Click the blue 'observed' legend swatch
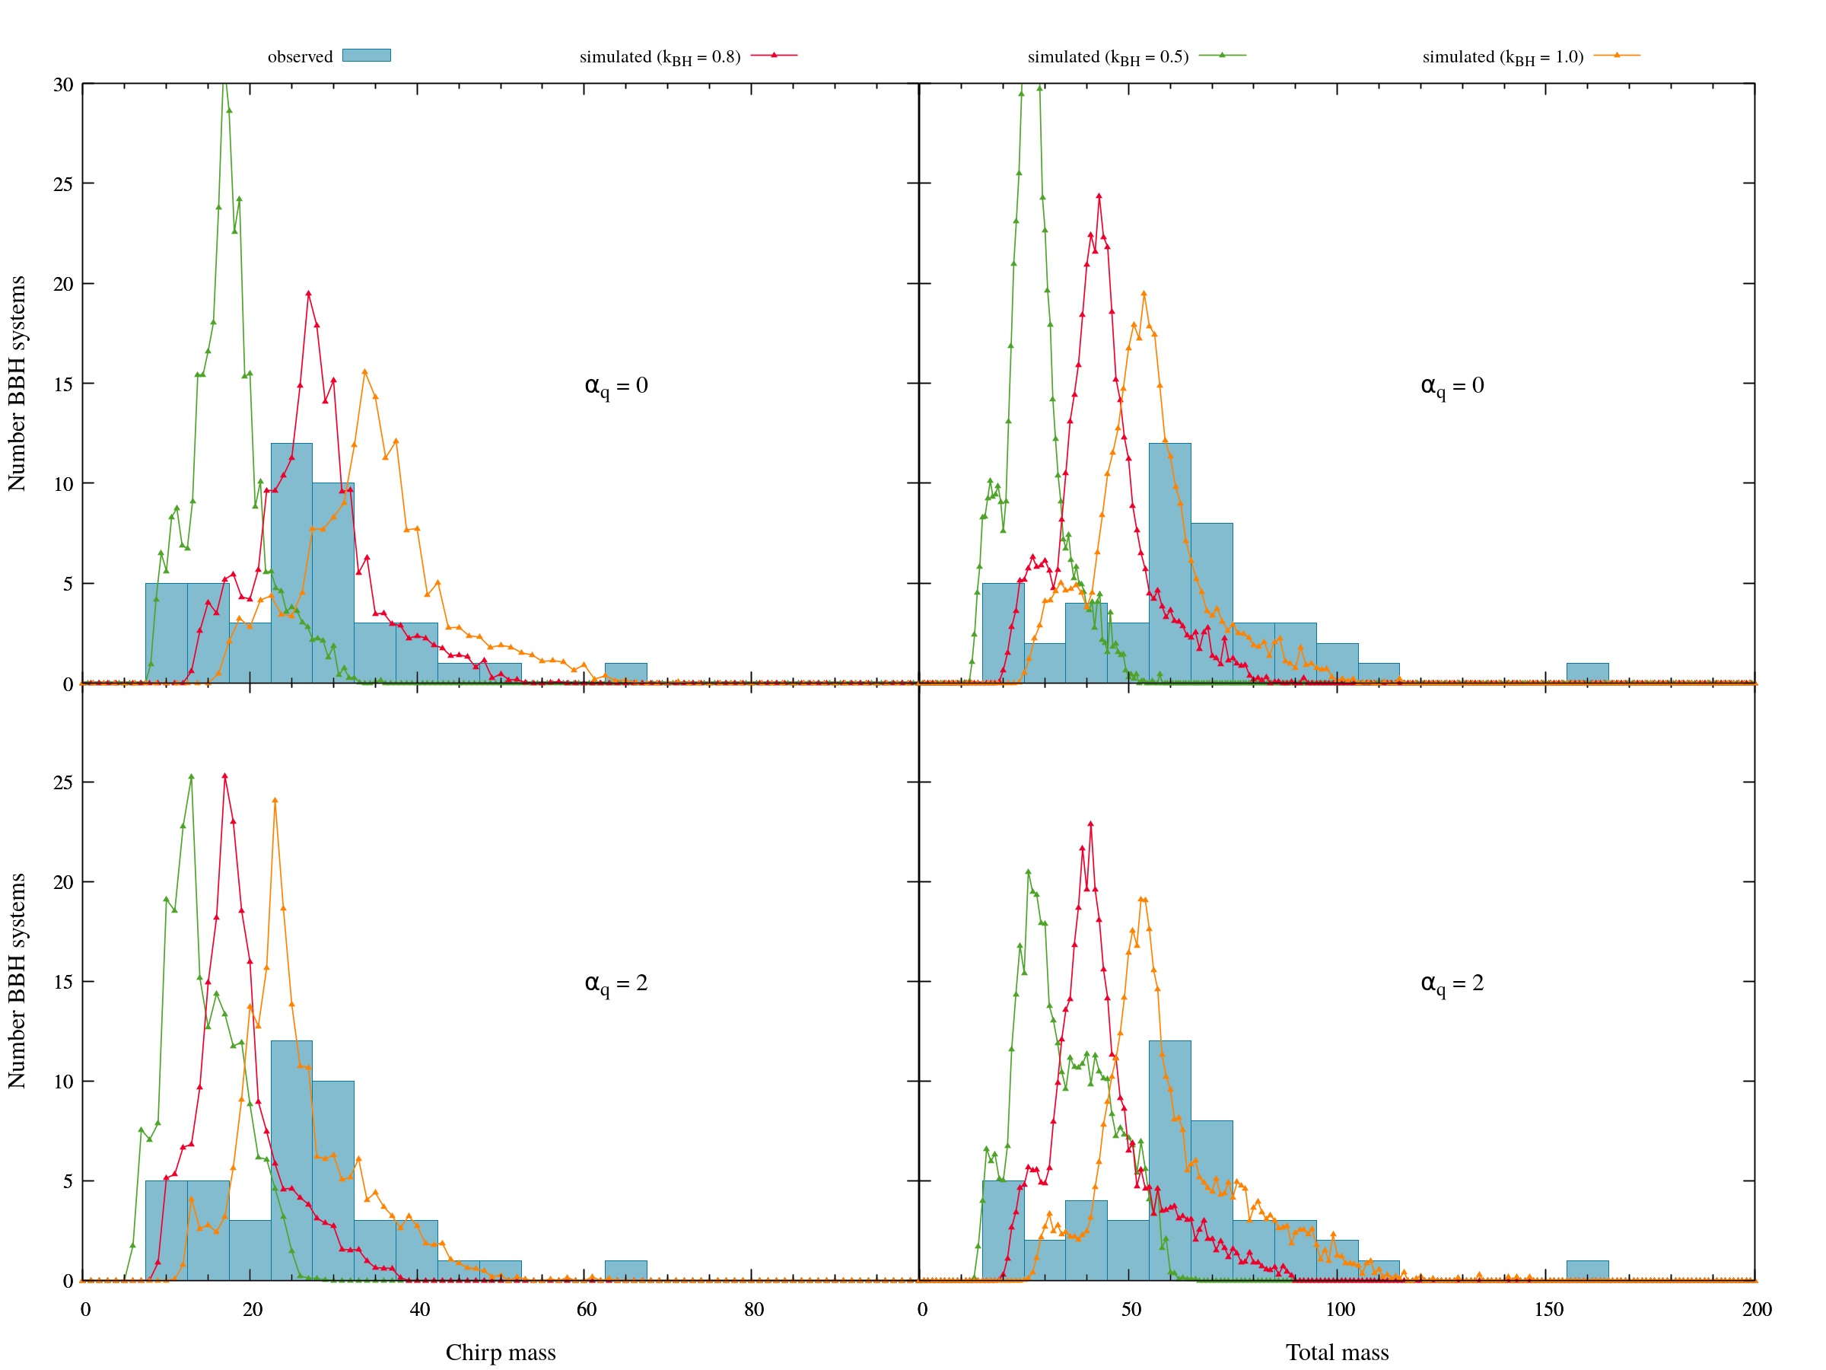(x=366, y=56)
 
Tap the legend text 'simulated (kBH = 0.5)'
(x=1107, y=57)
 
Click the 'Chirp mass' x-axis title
(x=501, y=1352)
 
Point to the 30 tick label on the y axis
(x=64, y=85)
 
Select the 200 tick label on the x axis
(x=1757, y=1309)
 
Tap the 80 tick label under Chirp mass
(x=753, y=1309)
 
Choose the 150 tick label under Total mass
(x=1548, y=1309)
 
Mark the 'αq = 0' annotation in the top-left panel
(x=616, y=386)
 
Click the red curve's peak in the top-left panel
(x=308, y=293)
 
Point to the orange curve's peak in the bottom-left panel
(x=275, y=800)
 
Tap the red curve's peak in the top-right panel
(x=1099, y=196)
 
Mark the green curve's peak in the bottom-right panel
(x=1028, y=872)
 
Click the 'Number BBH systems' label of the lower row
(x=17, y=980)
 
